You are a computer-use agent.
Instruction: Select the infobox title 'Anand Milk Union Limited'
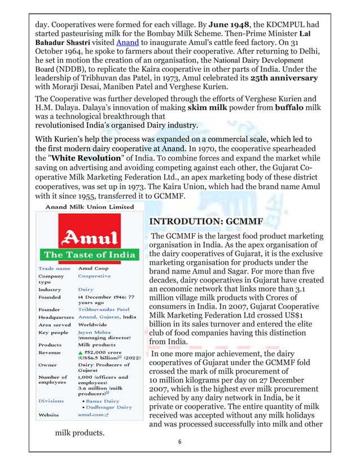pyautogui.click(x=85, y=207)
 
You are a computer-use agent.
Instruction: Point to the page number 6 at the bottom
pyautogui.click(x=179, y=443)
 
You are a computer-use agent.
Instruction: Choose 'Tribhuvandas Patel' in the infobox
pyautogui.click(x=103, y=309)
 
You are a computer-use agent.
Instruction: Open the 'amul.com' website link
pyautogui.click(x=91, y=415)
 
